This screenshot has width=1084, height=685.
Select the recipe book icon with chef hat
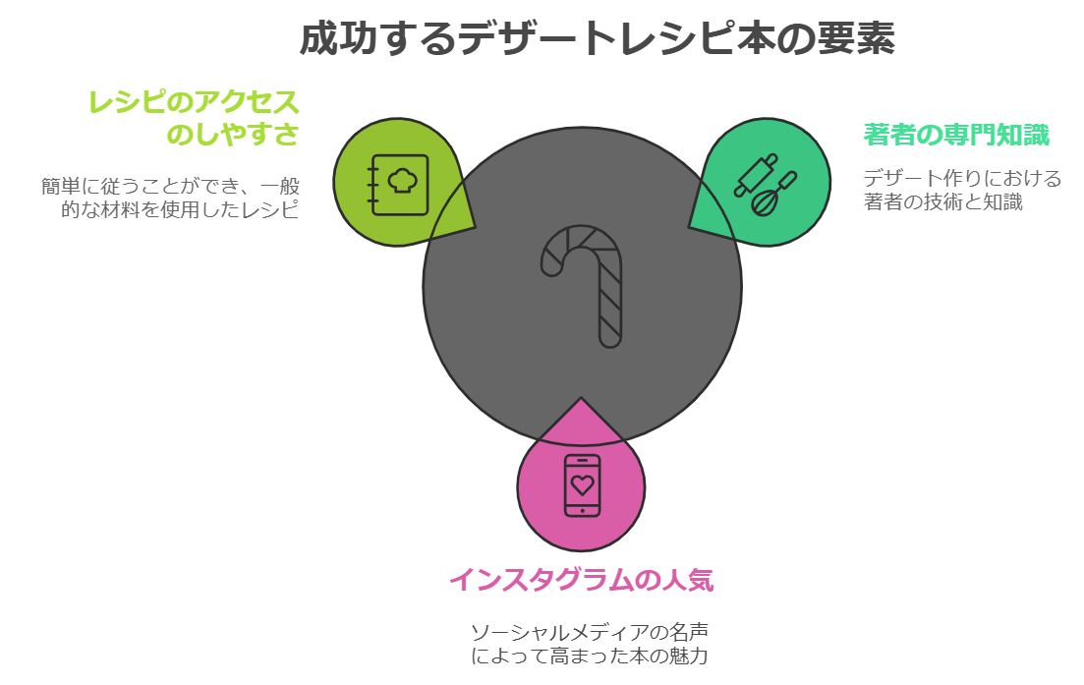click(399, 184)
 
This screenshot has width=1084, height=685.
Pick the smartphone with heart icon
click(582, 485)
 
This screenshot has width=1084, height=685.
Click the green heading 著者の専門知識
click(955, 135)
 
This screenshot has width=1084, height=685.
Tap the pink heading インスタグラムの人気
click(581, 580)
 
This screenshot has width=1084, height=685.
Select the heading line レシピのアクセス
click(194, 102)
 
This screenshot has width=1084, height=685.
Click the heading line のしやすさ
click(232, 134)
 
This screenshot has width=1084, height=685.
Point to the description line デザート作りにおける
click(962, 179)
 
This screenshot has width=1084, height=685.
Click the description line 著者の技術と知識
click(942, 202)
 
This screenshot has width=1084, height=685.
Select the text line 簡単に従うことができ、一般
click(170, 186)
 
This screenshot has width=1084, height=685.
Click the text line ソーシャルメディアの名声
click(589, 631)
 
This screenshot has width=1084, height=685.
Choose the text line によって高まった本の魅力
click(589, 656)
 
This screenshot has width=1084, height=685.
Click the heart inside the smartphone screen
click(583, 485)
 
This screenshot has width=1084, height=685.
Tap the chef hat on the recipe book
click(402, 180)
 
